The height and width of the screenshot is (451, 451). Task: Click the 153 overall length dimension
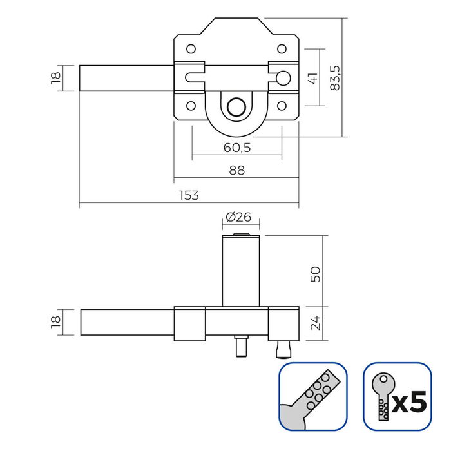point(189,195)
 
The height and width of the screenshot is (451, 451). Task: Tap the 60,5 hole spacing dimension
point(236,148)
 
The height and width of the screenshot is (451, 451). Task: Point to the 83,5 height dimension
point(334,77)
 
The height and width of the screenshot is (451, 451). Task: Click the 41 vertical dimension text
point(312,78)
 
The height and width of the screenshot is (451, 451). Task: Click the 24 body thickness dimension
point(314,323)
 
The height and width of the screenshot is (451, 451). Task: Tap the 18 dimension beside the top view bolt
point(55,78)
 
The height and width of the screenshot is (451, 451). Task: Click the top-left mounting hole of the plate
point(191,48)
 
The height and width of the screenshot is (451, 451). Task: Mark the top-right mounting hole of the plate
point(282,48)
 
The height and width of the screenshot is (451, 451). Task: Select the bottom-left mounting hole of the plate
point(191,106)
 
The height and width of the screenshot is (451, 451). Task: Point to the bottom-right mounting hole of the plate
point(282,106)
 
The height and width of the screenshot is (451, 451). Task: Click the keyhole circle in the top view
point(237,107)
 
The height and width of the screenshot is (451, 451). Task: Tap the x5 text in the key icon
point(410,402)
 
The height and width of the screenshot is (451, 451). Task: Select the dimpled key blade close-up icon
point(312,396)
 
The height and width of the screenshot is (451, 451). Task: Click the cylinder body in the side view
point(240,271)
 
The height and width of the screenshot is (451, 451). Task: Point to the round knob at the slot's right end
point(282,78)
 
